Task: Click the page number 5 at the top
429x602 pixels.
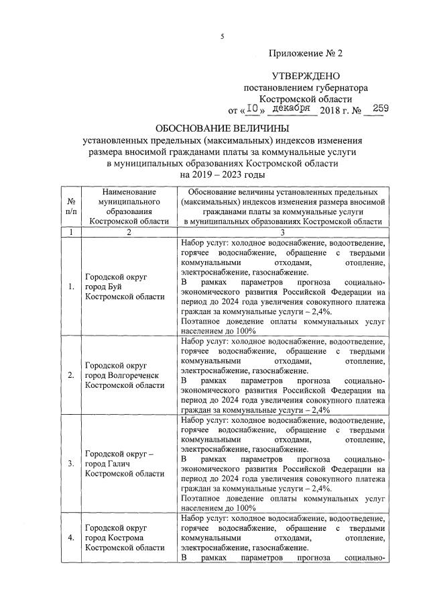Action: tap(222, 38)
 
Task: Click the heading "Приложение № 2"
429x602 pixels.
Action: tap(305, 53)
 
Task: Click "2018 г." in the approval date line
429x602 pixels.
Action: tap(339, 109)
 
